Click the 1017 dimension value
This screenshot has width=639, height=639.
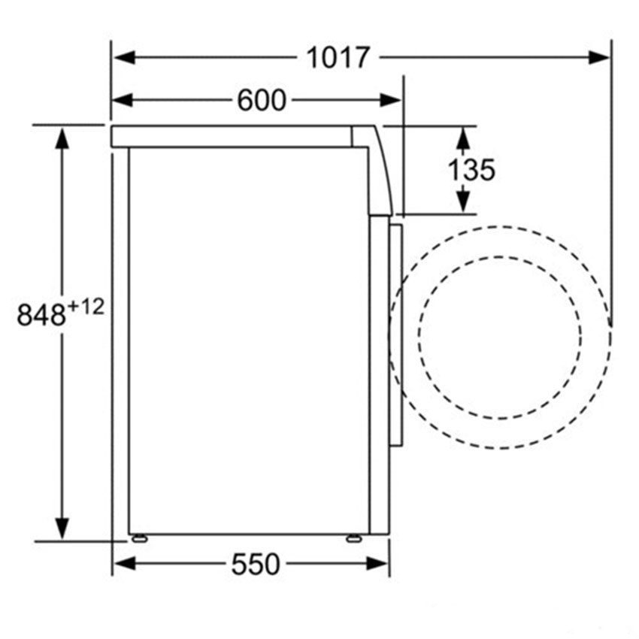pos(338,58)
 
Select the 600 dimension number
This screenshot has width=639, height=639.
pos(262,100)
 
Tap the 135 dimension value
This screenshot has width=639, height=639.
pos(472,170)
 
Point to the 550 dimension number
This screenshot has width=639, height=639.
pos(255,564)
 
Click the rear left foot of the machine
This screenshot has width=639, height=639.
pos(138,538)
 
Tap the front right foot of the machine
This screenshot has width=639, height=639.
pos(352,538)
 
